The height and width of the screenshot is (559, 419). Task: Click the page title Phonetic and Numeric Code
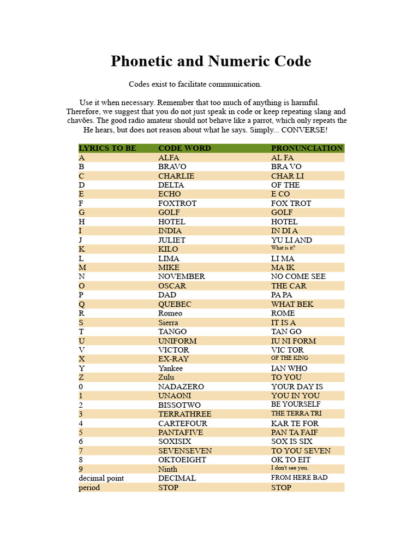point(211,61)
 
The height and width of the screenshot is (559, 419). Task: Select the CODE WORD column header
point(184,148)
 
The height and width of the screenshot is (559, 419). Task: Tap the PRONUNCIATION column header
point(307,148)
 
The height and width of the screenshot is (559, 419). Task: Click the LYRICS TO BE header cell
point(107,148)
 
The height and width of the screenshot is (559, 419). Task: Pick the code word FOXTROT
point(177,203)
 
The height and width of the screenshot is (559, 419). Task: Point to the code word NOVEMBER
point(182,276)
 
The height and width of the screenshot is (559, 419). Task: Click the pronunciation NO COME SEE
point(298,276)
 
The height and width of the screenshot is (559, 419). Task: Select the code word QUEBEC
point(176,304)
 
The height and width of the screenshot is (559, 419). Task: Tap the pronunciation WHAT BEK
point(292,304)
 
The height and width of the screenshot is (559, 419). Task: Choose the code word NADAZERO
point(181,386)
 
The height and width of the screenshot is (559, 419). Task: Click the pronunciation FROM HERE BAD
point(299,478)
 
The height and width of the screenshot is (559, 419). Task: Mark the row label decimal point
point(101,478)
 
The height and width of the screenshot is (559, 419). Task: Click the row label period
point(89,487)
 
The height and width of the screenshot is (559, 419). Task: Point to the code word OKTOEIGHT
point(182,460)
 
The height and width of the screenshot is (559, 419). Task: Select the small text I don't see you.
point(290,468)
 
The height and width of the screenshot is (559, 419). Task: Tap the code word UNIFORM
point(177,341)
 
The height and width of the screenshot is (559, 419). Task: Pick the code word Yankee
point(170,368)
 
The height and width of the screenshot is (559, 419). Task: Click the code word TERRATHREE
point(184,414)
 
